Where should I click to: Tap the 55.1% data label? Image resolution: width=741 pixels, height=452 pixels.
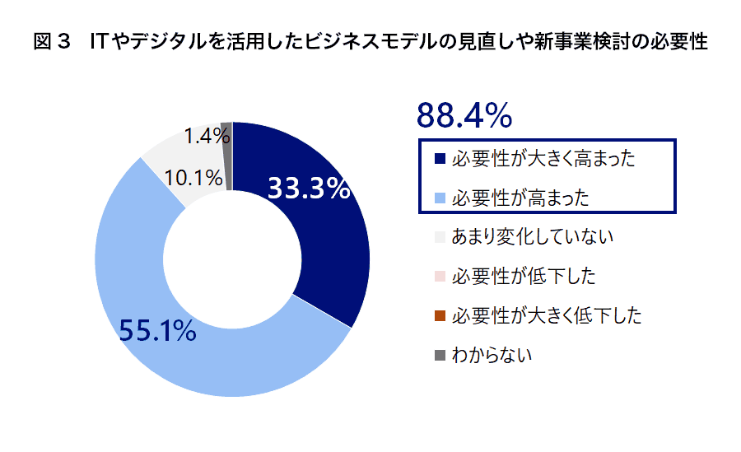pyautogui.click(x=157, y=330)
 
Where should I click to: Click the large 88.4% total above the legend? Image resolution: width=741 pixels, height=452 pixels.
pyautogui.click(x=464, y=116)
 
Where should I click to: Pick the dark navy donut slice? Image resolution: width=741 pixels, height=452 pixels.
pyautogui.click(x=321, y=247)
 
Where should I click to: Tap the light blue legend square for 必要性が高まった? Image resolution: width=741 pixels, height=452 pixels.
pyautogui.click(x=440, y=198)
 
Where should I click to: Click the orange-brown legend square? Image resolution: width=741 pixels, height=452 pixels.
pyautogui.click(x=440, y=316)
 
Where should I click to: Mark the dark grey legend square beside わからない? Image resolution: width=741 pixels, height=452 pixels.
pyautogui.click(x=440, y=356)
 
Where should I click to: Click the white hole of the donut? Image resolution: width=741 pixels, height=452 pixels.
pyautogui.click(x=232, y=259)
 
